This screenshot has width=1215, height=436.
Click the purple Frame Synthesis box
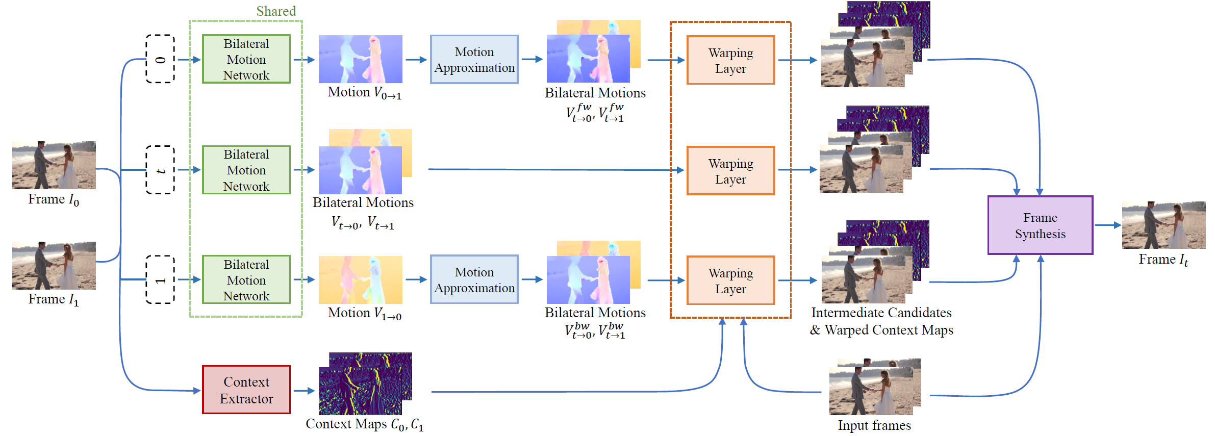1040,225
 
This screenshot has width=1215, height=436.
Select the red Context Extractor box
246,390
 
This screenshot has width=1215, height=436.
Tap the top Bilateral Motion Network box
246,59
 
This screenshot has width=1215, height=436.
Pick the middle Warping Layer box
730,171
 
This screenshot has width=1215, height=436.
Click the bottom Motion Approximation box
474,279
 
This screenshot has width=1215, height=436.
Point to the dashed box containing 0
160,59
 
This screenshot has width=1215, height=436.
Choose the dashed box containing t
160,170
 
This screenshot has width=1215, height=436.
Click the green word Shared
276,11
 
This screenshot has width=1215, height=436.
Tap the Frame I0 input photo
54,165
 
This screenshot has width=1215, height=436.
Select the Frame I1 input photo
54,266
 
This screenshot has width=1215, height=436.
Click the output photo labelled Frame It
1163,225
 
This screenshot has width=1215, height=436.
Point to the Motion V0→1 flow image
360,59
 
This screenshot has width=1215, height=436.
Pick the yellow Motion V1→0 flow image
360,280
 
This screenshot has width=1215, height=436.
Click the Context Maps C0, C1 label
364,424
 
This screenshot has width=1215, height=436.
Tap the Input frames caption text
874,425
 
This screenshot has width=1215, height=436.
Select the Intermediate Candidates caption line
881,313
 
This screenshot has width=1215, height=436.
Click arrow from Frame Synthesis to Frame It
1107,225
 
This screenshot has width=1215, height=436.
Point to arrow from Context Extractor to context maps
304,391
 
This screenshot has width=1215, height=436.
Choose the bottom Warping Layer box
730,280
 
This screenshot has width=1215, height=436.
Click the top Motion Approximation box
474,60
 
